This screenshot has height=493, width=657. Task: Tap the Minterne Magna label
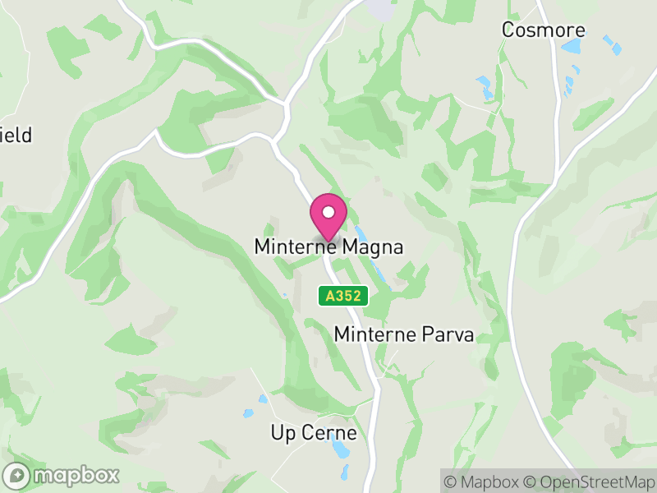pyautogui.click(x=328, y=246)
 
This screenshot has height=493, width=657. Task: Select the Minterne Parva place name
pyautogui.click(x=404, y=334)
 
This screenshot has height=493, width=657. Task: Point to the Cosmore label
pyautogui.click(x=544, y=30)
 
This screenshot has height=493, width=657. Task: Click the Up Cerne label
pyautogui.click(x=314, y=433)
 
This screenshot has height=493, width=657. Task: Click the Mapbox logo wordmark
pyautogui.click(x=76, y=475)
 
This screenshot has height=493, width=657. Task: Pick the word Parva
pyautogui.click(x=452, y=334)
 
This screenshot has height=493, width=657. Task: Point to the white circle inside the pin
pyautogui.click(x=328, y=212)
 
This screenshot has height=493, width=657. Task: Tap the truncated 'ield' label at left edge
pyautogui.click(x=16, y=135)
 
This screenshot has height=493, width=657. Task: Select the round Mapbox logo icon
pyautogui.click(x=16, y=475)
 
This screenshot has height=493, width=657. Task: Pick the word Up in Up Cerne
pyautogui.click(x=282, y=433)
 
